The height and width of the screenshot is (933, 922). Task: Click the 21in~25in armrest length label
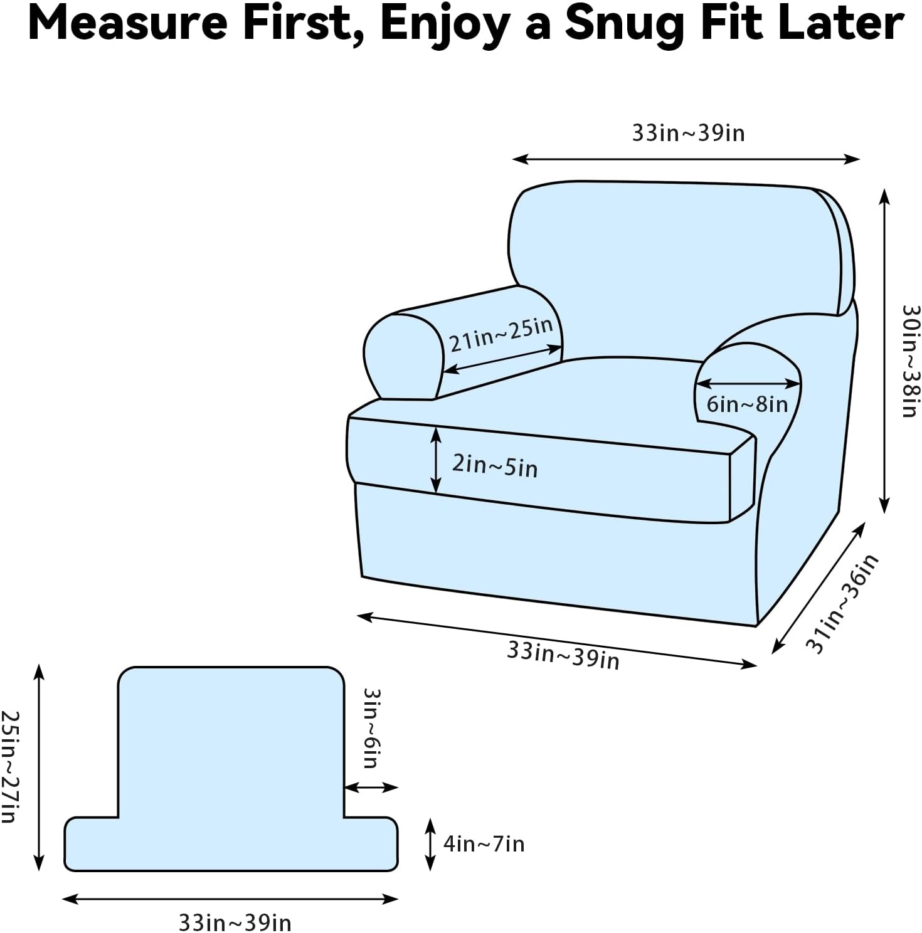tap(501, 334)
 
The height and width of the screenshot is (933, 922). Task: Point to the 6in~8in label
tap(747, 404)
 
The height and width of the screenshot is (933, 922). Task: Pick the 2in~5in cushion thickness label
tap(495, 466)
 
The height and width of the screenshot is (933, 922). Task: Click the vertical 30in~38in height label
tap(910, 361)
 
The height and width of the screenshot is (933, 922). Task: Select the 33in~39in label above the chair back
tap(688, 133)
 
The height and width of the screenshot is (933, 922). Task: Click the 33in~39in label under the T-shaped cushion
tap(235, 922)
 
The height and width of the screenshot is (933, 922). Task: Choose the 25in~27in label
tap(10, 766)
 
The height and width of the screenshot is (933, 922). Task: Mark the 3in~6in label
tap(372, 728)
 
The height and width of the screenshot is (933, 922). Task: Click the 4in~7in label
tap(484, 844)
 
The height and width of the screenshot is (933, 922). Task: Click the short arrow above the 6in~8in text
tap(748, 383)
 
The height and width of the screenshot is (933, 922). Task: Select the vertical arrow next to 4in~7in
tap(430, 844)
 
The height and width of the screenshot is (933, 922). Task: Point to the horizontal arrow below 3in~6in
tap(371, 787)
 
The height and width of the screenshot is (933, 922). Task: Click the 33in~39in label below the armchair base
tap(563, 655)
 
